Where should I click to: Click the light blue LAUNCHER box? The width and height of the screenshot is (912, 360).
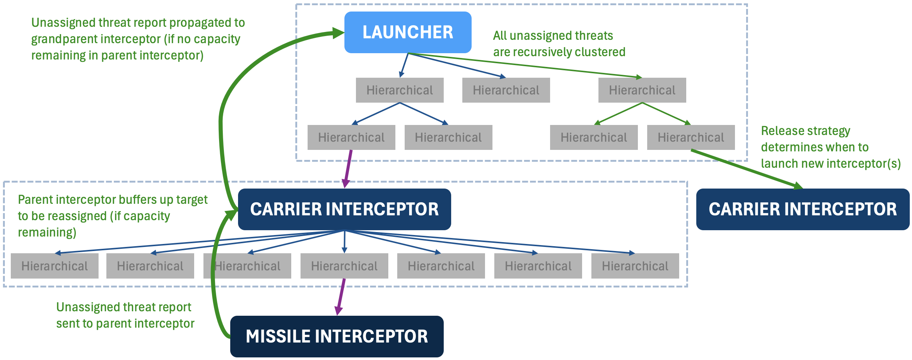pyautogui.click(x=408, y=32)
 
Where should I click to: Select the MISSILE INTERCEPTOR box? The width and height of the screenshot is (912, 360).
pyautogui.click(x=337, y=336)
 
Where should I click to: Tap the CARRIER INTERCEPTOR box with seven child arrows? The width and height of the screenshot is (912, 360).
pyautogui.click(x=344, y=209)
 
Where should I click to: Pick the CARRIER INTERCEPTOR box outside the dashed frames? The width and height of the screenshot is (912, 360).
pyautogui.click(x=803, y=209)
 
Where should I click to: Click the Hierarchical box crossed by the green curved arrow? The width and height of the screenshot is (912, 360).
pyautogui.click(x=247, y=266)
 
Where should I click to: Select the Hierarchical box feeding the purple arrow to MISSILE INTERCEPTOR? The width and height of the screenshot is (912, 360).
pyautogui.click(x=344, y=266)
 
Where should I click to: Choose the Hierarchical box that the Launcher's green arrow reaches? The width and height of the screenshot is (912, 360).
pyautogui.click(x=642, y=90)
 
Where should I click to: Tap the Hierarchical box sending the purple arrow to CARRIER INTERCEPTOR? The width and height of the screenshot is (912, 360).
pyautogui.click(x=351, y=138)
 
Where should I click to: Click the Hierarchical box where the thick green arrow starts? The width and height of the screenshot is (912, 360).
pyautogui.click(x=691, y=138)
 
